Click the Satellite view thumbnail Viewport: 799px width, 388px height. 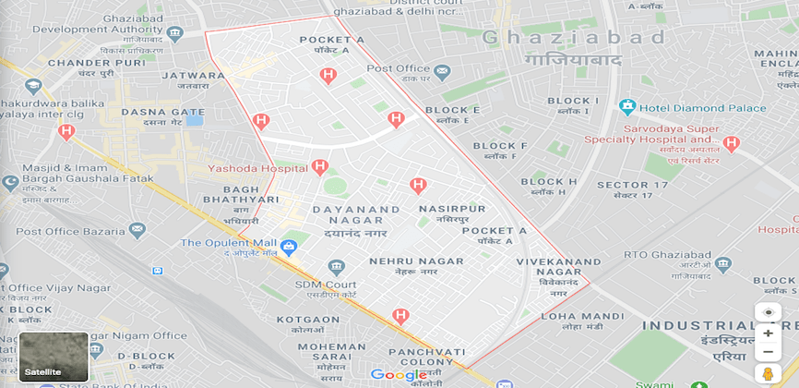pyautogui.click(x=54, y=357)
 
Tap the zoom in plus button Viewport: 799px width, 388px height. pyautogui.click(x=768, y=333)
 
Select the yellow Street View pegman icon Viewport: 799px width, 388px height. pyautogui.click(x=768, y=373)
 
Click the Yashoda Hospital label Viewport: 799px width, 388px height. pyautogui.click(x=257, y=169)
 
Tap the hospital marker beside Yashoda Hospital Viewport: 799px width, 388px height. pyautogui.click(x=320, y=167)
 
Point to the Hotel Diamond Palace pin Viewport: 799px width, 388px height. pyautogui.click(x=627, y=107)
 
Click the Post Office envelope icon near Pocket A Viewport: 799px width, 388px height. pyautogui.click(x=442, y=70)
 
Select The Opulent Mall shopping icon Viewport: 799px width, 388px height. pyautogui.click(x=289, y=246)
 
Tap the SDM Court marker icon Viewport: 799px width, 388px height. pyautogui.click(x=336, y=268)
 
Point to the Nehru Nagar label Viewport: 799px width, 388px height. pyautogui.click(x=416, y=266)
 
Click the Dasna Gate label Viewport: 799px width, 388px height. pyautogui.click(x=162, y=116)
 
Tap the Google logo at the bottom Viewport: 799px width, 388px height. pyautogui.click(x=399, y=374)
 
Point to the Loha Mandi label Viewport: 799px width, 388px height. pyautogui.click(x=570, y=320)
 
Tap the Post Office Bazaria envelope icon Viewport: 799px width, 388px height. pyautogui.click(x=137, y=229)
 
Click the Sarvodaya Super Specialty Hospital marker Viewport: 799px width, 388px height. pyautogui.click(x=732, y=143)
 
